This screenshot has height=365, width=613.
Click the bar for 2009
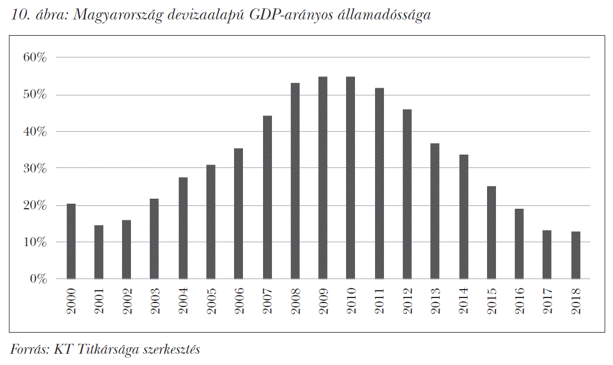pos(323,177)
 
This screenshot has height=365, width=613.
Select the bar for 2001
pos(99,252)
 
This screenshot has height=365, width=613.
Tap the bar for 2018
pos(576,255)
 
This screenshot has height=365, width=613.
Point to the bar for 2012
pos(407,194)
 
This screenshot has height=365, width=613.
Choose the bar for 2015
pos(492,232)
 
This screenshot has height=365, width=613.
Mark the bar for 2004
pos(183,228)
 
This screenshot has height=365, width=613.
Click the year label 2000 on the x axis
pos(71,301)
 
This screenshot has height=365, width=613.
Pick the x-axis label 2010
pos(351,301)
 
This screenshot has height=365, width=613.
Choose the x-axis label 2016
pos(519,301)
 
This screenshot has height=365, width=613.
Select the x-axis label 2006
pos(239,301)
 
